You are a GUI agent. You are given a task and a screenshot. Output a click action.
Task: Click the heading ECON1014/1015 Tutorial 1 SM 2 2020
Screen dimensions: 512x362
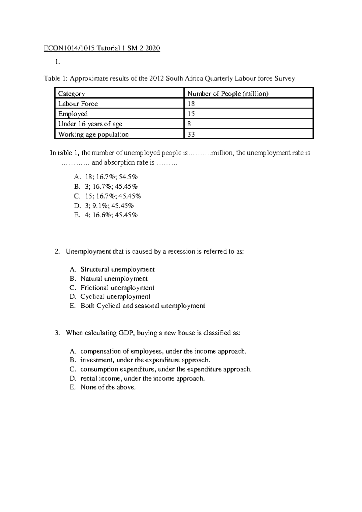(102, 48)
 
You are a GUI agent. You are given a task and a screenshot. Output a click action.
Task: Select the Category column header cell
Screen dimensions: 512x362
(71, 94)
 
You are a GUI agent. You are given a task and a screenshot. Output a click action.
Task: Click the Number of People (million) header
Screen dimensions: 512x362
(228, 94)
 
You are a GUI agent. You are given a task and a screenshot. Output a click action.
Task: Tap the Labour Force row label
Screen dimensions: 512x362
(78, 104)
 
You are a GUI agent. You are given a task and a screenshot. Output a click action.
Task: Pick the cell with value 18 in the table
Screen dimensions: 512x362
(191, 104)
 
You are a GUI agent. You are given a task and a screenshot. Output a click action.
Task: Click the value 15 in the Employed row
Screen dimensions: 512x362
(191, 114)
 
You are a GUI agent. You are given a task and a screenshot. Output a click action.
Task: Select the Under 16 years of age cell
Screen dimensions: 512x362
(90, 124)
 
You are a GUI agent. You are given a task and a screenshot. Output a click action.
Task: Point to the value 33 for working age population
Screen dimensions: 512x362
(191, 134)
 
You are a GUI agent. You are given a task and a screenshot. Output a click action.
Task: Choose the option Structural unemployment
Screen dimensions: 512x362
(117, 269)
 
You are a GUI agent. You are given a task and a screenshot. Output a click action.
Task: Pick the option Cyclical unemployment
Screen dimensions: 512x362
(115, 297)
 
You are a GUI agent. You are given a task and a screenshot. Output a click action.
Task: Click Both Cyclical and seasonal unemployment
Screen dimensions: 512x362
(143, 306)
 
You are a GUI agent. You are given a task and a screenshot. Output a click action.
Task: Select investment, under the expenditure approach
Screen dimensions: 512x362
(145, 360)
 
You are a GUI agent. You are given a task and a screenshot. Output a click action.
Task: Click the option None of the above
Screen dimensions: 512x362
(108, 387)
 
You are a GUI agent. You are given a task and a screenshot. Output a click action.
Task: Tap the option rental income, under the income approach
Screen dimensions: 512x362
(142, 379)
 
